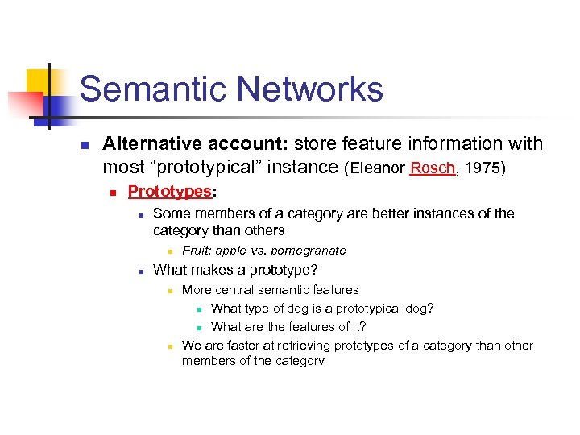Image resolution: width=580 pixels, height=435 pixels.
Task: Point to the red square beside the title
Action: click(x=23, y=106)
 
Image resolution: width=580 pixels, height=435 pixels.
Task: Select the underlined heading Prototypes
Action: click(x=169, y=192)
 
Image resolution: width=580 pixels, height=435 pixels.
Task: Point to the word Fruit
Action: click(x=196, y=251)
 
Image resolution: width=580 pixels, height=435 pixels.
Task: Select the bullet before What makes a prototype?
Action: click(x=140, y=271)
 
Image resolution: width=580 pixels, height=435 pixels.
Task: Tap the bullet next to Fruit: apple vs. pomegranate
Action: click(x=170, y=251)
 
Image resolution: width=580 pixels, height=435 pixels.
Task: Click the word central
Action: click(x=234, y=290)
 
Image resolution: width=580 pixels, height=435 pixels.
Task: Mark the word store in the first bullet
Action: click(x=312, y=144)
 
